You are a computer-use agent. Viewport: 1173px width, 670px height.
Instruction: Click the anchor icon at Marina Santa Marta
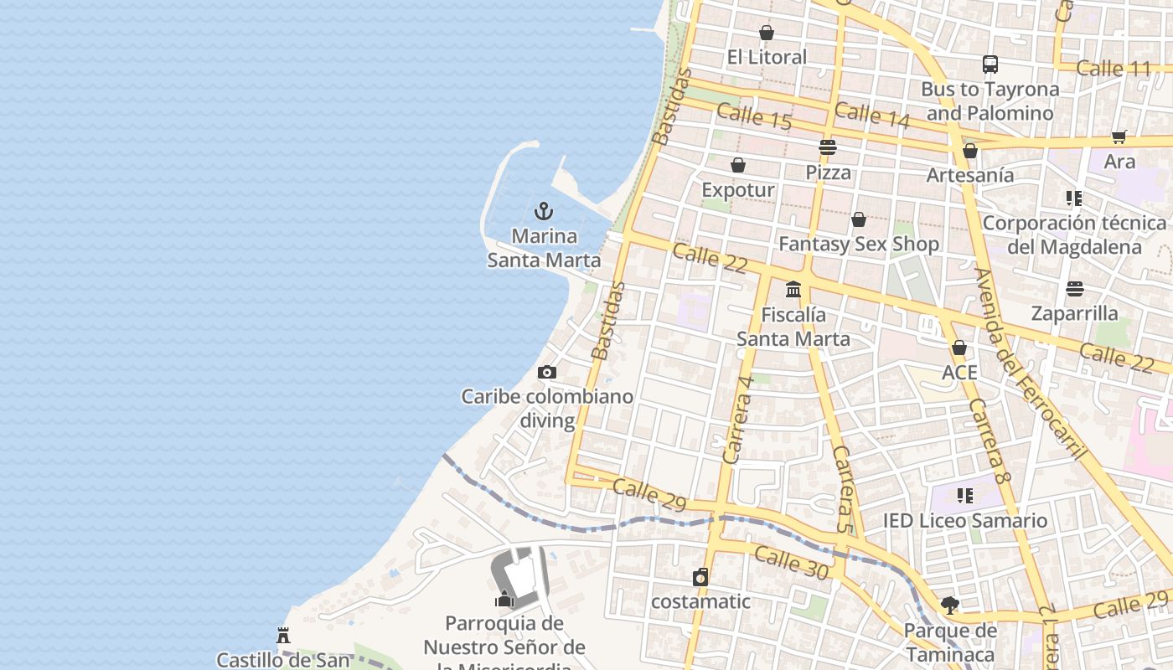pos(544,211)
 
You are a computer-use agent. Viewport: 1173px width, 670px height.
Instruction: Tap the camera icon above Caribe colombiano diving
pos(547,372)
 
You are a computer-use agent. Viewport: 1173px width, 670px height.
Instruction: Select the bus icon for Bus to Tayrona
pos(990,64)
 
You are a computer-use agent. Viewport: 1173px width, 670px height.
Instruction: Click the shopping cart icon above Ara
pos(1119,137)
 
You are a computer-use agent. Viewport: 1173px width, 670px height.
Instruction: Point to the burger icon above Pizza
pos(828,147)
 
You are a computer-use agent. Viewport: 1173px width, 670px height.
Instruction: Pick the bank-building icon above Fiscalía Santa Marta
pos(793,290)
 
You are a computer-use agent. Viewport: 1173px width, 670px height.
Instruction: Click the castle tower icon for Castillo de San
pos(283,635)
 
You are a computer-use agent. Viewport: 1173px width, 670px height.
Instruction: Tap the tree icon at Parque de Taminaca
pos(950,605)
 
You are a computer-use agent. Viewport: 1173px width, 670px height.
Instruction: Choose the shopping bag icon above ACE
pos(959,347)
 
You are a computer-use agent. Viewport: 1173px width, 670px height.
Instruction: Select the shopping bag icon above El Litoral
pos(766,33)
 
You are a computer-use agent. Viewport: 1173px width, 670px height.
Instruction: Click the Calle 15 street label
pos(754,116)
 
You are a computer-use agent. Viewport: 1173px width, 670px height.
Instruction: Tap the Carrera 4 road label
pos(738,418)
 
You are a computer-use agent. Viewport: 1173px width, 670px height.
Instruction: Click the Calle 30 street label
pos(791,562)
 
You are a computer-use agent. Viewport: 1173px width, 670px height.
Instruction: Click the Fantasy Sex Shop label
pos(859,244)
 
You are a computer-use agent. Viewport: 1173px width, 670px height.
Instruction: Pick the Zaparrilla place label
pos(1074,313)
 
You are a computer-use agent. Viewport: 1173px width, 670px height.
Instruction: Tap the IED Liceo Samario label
pos(964,520)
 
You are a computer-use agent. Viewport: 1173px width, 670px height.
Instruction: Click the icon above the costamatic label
pos(700,577)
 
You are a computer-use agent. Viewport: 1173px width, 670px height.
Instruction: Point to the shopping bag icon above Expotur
pos(738,165)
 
